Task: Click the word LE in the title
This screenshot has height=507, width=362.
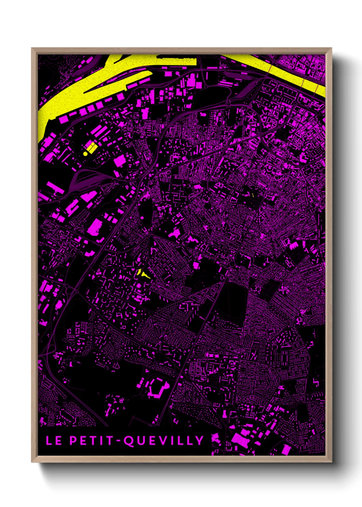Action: [x=54, y=440]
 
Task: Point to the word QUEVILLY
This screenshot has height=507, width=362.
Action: [x=164, y=441]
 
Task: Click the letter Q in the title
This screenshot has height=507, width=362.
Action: [x=129, y=441]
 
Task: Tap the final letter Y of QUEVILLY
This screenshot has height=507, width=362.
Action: [x=200, y=440]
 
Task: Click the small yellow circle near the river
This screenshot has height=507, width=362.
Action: [x=85, y=154]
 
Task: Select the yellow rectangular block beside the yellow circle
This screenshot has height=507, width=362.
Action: [x=91, y=148]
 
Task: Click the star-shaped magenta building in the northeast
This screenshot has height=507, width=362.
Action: [x=252, y=118]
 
